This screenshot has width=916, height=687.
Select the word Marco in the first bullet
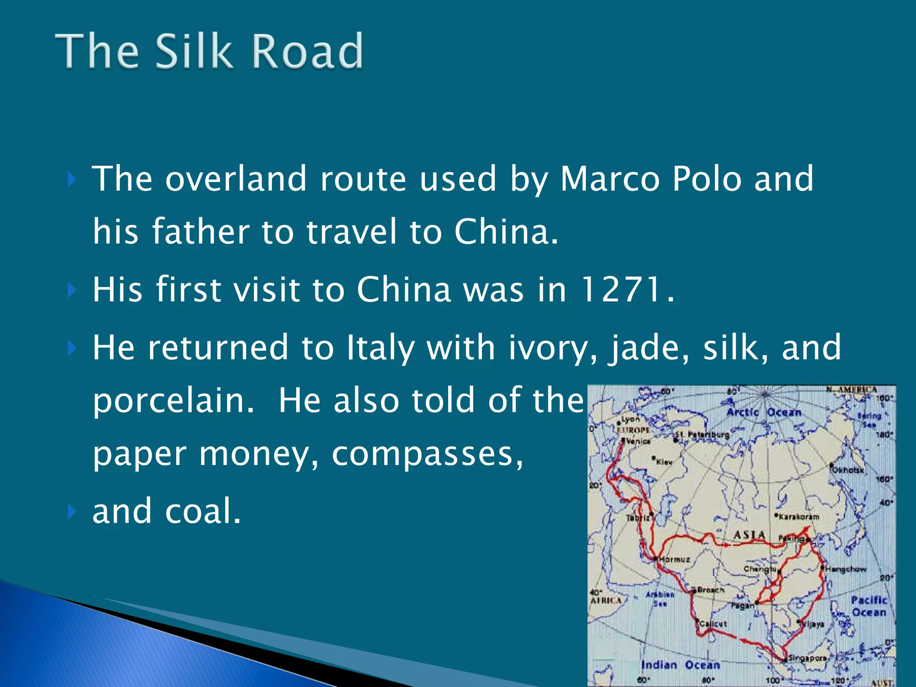coord(610,178)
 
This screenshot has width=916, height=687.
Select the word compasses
coord(427,454)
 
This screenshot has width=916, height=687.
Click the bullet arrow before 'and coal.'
coord(71,512)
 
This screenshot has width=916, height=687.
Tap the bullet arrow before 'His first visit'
coord(71,290)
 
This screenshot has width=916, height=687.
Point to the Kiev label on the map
coord(664,462)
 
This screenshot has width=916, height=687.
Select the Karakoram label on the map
coord(799,517)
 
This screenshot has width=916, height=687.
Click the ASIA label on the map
coord(750,535)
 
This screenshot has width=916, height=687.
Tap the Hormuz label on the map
coord(675,560)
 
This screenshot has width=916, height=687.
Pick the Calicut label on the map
coord(713,623)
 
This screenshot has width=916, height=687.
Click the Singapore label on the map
coord(807,658)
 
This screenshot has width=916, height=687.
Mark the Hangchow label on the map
coord(845,569)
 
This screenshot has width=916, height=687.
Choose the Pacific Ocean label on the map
coord(869,606)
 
